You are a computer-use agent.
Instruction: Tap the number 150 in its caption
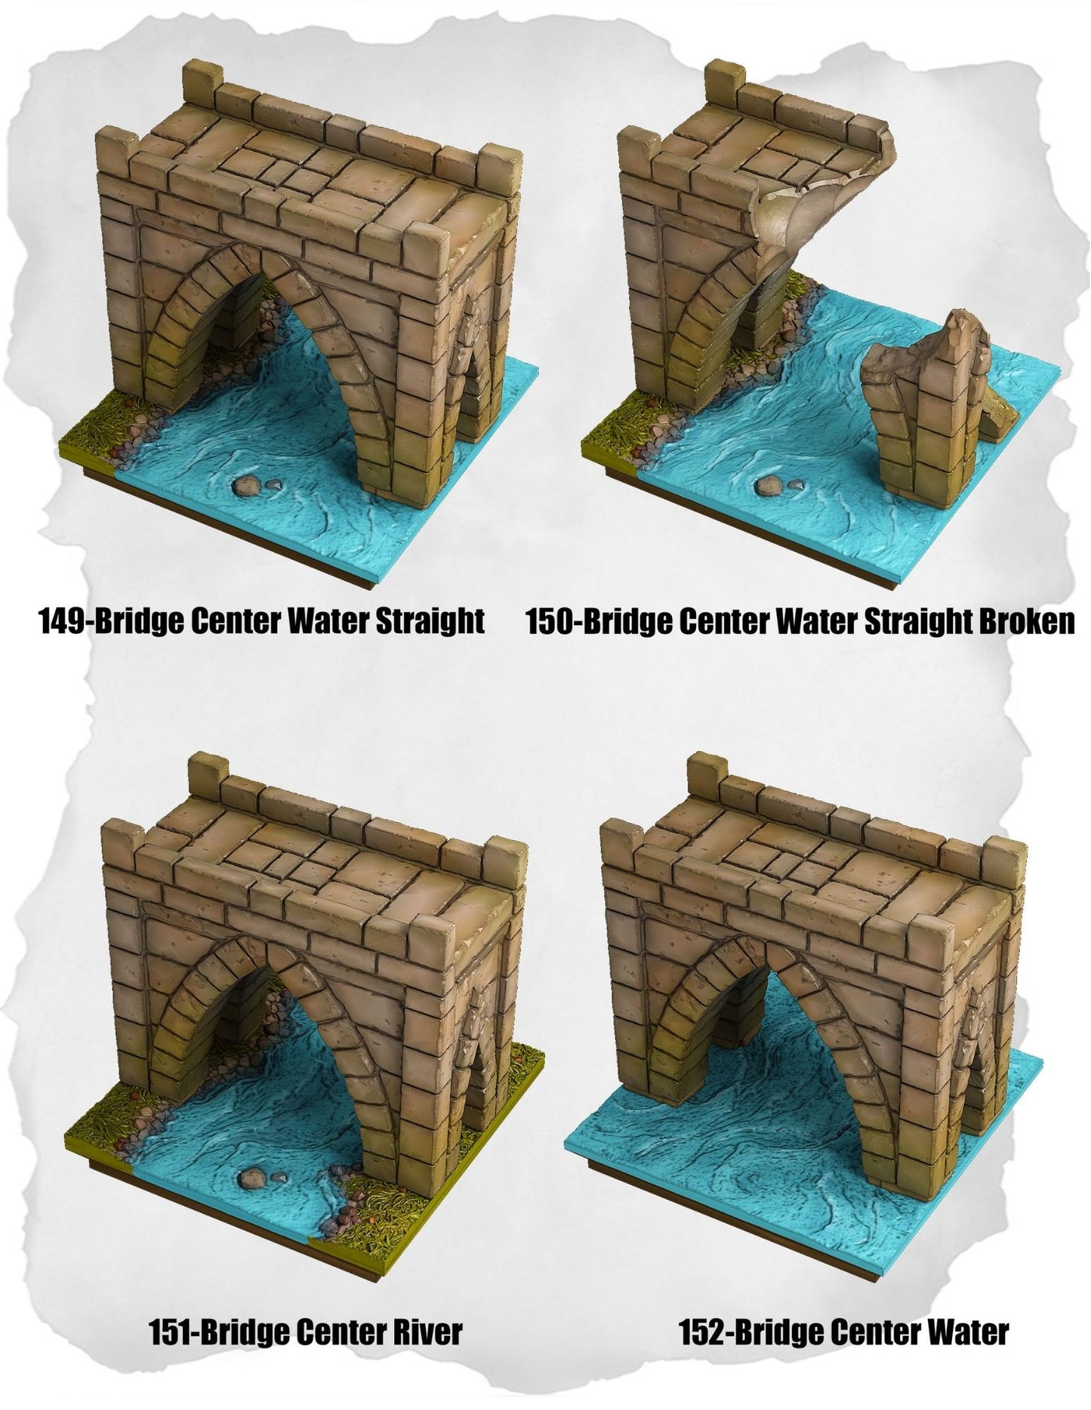pos(552,622)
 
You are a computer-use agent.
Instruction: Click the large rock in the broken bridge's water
pos(769,485)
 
